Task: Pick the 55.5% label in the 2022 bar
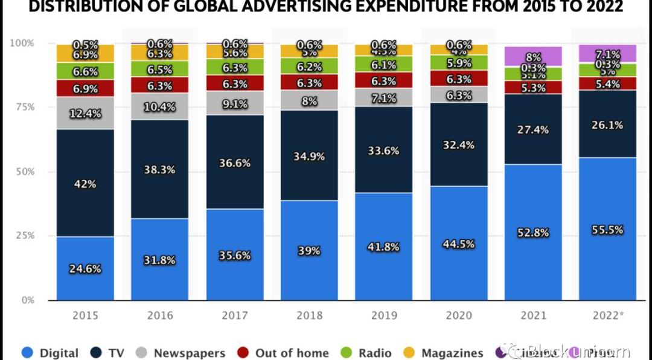[x=607, y=230]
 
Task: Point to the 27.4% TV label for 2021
[x=532, y=130]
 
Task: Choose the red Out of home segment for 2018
[x=308, y=83]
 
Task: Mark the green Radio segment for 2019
[x=383, y=64]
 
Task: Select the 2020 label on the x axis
[x=458, y=315]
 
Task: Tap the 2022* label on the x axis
[x=607, y=315]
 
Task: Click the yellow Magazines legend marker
[x=410, y=353]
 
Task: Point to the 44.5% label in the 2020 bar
[x=458, y=244]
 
